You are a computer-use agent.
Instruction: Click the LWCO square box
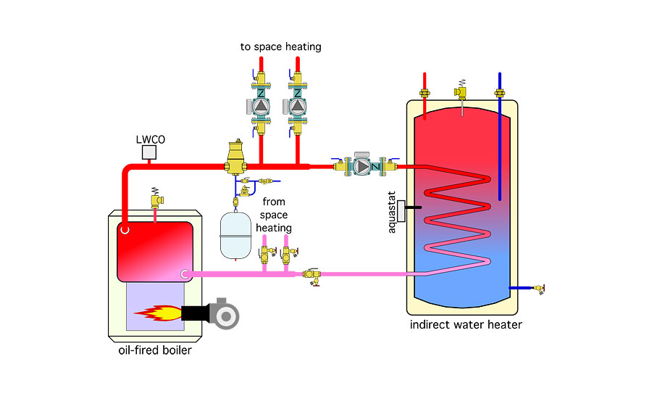click(149, 152)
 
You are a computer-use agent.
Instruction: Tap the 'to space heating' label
click(281, 47)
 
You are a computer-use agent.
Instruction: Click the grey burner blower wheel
click(224, 313)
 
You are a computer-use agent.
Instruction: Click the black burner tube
click(194, 313)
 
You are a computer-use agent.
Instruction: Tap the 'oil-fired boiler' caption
click(154, 352)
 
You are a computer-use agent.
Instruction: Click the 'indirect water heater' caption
click(466, 324)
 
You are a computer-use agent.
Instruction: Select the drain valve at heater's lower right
click(538, 289)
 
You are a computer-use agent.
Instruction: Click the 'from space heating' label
click(277, 215)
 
